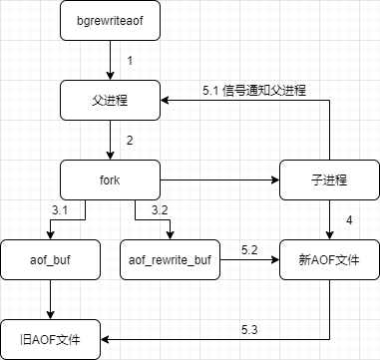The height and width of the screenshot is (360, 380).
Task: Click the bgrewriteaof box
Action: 109,20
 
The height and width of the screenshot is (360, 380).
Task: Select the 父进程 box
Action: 109,100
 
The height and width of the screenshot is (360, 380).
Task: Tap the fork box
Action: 109,180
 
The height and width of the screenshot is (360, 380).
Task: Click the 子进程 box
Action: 329,180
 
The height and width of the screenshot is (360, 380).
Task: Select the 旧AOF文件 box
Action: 51,339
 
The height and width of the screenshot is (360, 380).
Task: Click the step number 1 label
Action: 130,61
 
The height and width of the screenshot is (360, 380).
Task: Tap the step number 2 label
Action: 130,141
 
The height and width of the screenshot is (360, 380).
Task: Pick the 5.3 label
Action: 249,328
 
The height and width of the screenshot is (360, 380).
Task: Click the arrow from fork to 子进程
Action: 219,180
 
